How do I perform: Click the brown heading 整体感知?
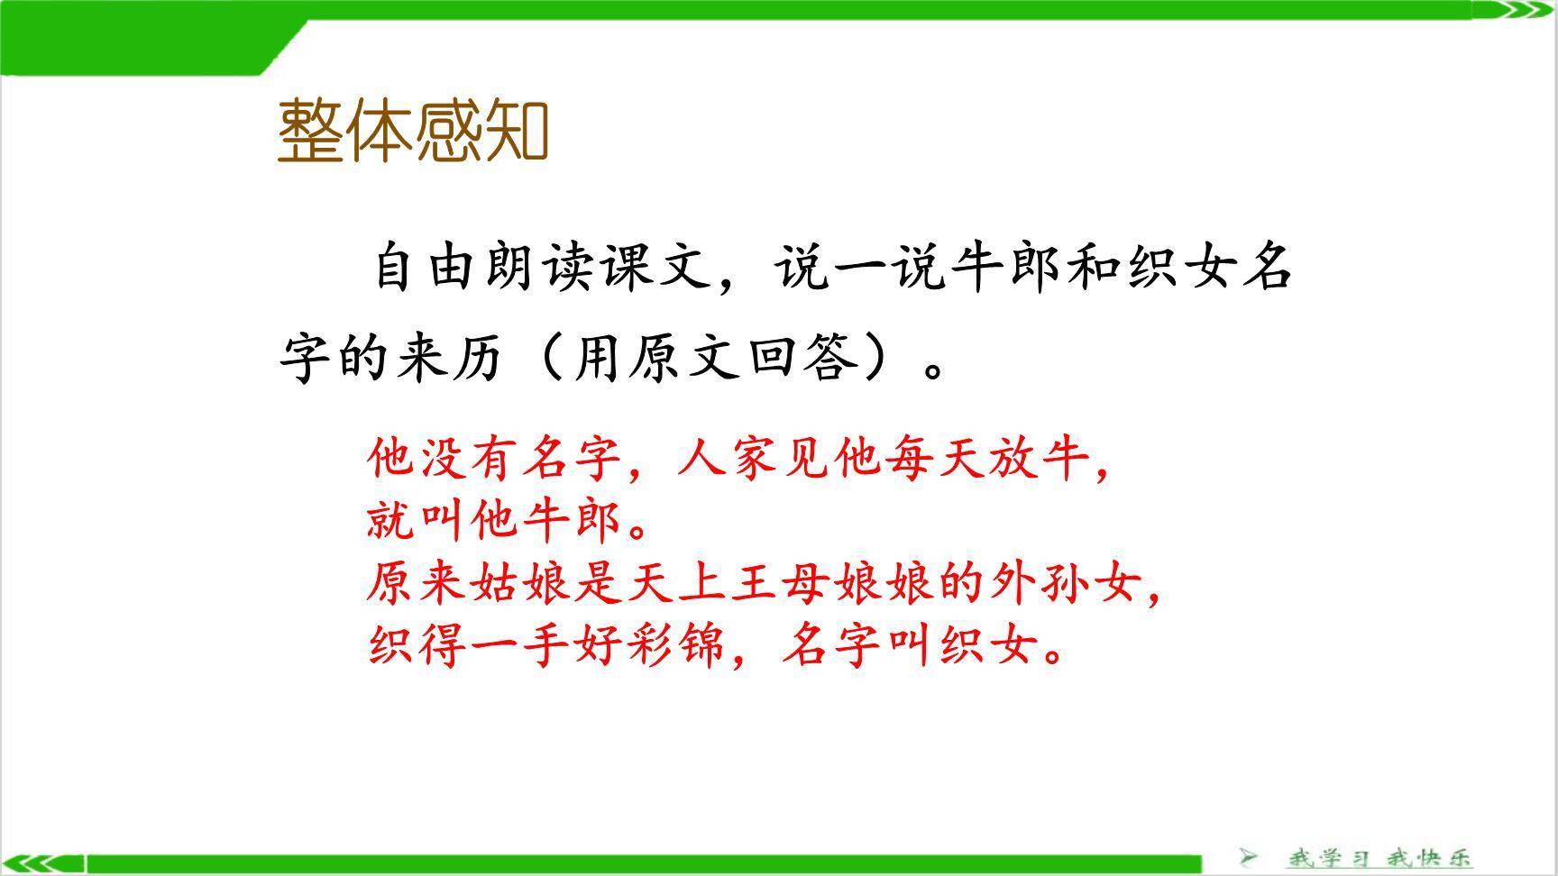pos(412,132)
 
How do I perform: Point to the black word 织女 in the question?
pos(1178,268)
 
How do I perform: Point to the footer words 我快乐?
pos(1428,857)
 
